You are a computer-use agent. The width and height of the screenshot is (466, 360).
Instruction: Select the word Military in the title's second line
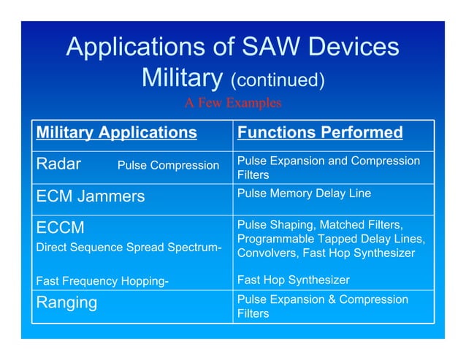tap(183, 77)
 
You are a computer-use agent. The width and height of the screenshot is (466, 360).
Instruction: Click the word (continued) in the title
tap(277, 79)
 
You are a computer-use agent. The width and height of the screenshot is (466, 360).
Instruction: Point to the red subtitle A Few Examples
tap(232, 103)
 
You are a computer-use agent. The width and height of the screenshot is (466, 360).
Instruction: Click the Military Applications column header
tap(117, 132)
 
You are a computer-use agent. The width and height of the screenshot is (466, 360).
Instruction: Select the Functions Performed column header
tap(320, 132)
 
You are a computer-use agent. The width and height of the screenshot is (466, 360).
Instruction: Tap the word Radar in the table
tap(59, 164)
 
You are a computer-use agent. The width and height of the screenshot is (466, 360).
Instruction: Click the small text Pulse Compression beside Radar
tap(168, 166)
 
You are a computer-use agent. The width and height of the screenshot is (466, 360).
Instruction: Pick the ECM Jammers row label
tap(91, 196)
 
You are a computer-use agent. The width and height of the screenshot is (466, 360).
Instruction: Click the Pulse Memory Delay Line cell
tap(304, 194)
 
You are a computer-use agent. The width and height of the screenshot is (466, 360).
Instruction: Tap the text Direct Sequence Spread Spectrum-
tap(129, 248)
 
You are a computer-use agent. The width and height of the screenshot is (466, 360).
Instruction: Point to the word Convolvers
tap(267, 253)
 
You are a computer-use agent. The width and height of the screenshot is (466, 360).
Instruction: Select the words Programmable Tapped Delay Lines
tap(331, 240)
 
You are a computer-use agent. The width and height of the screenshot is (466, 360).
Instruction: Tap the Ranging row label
tap(66, 302)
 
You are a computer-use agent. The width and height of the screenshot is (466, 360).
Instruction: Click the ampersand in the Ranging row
tap(335, 300)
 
